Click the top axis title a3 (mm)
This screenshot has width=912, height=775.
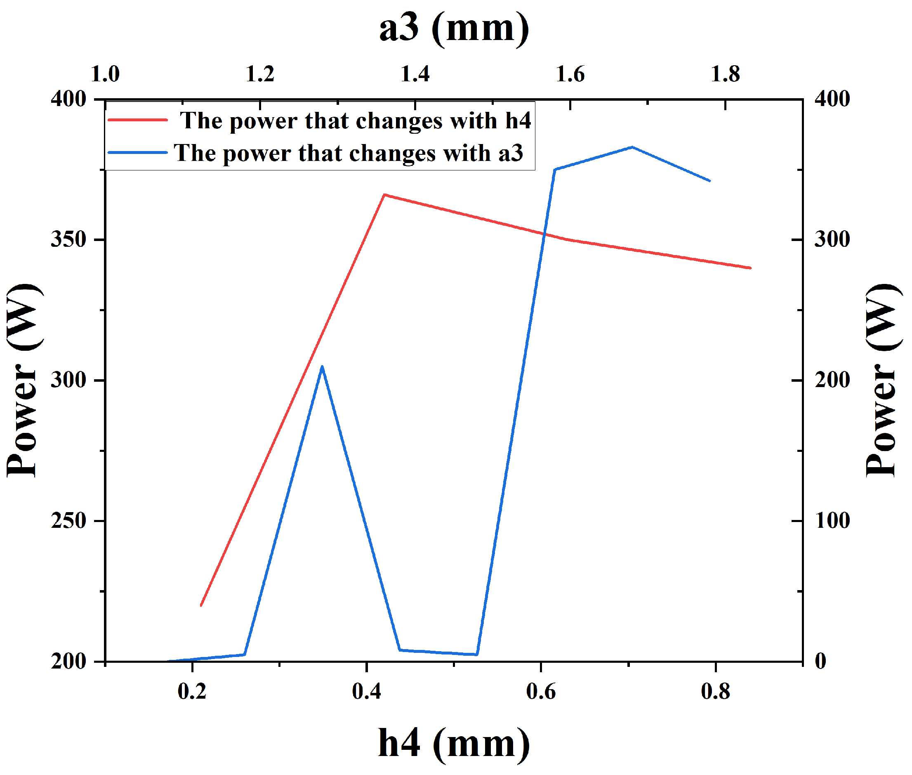point(454,28)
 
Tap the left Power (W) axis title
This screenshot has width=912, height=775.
point(24,380)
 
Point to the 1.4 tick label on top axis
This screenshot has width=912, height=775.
point(415,74)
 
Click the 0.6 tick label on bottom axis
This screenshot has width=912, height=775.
point(540,691)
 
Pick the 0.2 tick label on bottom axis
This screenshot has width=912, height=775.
point(192,691)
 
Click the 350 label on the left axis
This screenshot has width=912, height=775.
point(68,239)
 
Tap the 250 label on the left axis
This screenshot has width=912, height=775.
point(68,521)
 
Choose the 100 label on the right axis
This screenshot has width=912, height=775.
point(832,521)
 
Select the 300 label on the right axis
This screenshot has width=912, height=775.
point(832,239)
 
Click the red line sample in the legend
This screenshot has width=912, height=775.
point(137,120)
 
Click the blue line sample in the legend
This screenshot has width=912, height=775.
point(137,152)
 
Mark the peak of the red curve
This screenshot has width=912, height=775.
point(384,195)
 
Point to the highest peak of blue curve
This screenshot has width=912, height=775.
point(632,147)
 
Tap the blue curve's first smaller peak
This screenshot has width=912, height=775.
point(322,366)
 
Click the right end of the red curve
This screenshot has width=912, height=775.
point(750,267)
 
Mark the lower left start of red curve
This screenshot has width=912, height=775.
point(201,605)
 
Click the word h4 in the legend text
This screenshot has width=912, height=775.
point(518,121)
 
